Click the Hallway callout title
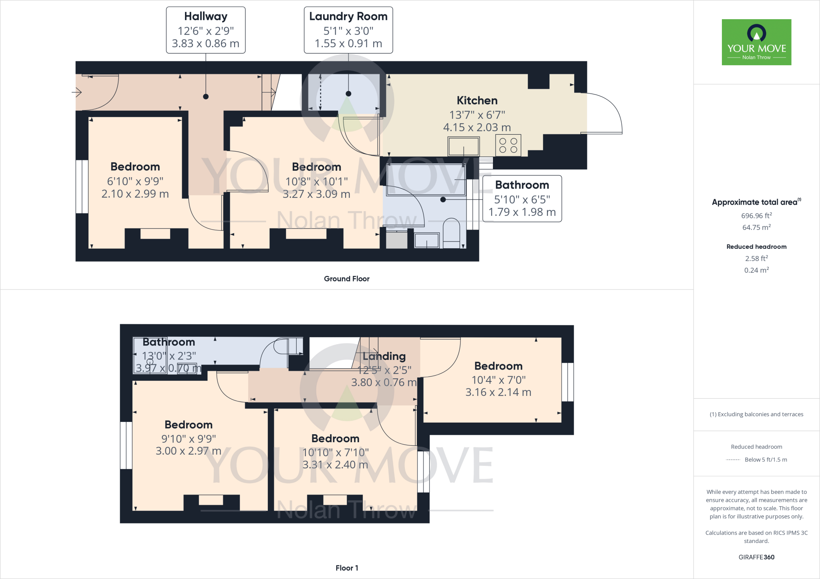[x=206, y=16]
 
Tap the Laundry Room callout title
[x=348, y=16]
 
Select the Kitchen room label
[x=477, y=100]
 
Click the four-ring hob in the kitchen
[x=508, y=145]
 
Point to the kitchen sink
[x=464, y=146]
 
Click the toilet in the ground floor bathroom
[x=451, y=233]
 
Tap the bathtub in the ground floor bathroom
[x=426, y=180]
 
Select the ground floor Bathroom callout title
[x=522, y=185]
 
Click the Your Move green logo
[x=756, y=42]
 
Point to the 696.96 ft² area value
[x=756, y=216]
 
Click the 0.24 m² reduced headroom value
[x=756, y=270]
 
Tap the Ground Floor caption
[x=347, y=279]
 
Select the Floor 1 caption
[x=347, y=568]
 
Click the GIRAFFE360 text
[x=756, y=557]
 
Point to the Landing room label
[x=384, y=356]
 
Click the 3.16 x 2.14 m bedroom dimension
[x=498, y=392]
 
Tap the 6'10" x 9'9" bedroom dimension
[x=135, y=181]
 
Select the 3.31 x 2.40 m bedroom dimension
[x=335, y=465]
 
